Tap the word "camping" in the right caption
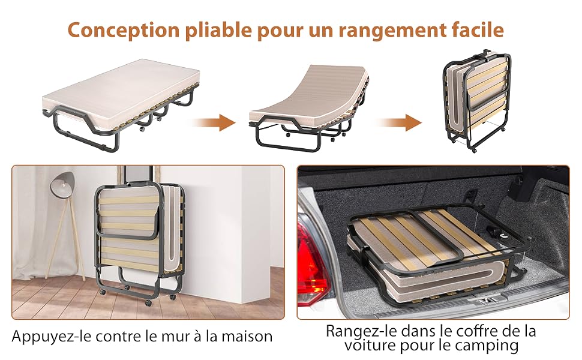[487, 346]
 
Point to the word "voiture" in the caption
[370, 345]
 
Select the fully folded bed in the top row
[476, 100]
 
